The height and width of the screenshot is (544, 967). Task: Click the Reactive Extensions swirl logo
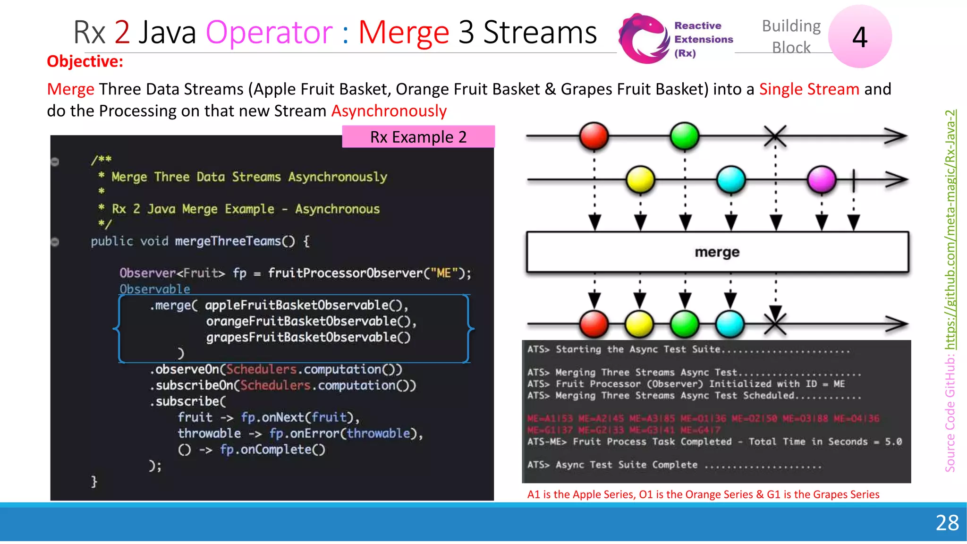click(x=644, y=39)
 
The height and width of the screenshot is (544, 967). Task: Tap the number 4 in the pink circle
click(x=860, y=37)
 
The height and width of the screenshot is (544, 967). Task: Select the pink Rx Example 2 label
click(x=418, y=137)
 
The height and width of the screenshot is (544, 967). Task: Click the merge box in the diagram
click(x=717, y=252)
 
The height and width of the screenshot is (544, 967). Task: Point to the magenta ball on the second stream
click(x=822, y=179)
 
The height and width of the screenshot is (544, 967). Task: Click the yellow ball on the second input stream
click(x=640, y=179)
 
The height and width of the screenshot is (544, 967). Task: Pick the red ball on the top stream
click(x=594, y=136)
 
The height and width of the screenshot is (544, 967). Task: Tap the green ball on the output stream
click(x=685, y=324)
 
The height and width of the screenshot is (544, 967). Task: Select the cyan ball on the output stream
click(x=730, y=324)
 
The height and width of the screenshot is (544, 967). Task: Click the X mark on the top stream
click(x=775, y=136)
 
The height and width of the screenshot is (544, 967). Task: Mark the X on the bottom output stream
click(x=775, y=324)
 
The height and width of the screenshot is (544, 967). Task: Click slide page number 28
click(x=947, y=523)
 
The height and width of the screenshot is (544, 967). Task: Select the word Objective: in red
click(x=85, y=61)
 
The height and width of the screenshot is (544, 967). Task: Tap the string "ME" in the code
click(x=443, y=273)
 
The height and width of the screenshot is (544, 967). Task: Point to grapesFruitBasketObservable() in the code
click(x=308, y=337)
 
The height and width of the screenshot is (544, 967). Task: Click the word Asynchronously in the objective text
click(x=389, y=111)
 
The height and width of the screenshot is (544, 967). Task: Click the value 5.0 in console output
click(x=893, y=442)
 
